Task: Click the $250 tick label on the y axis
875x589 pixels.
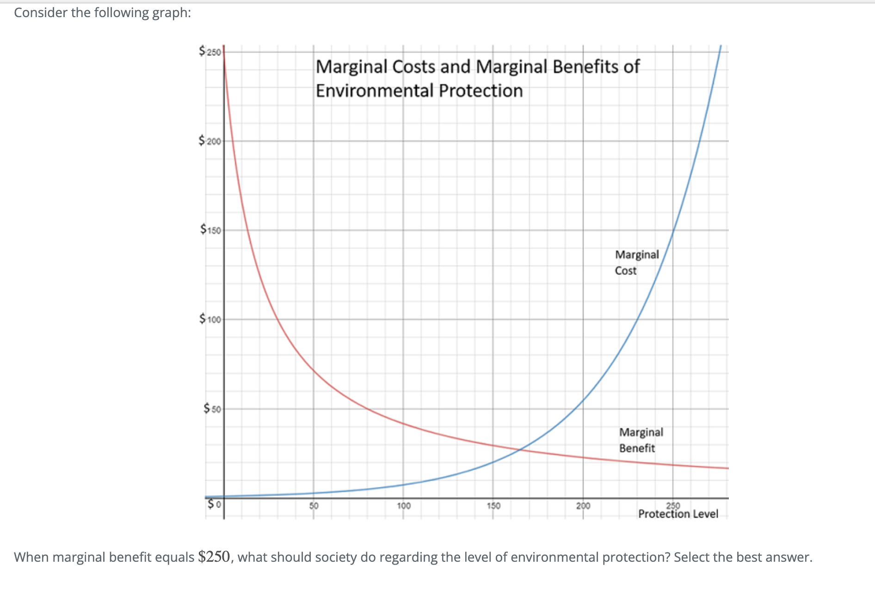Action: click(x=210, y=51)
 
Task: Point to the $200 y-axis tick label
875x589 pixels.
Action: click(x=210, y=141)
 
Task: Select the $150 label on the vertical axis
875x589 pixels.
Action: click(x=211, y=230)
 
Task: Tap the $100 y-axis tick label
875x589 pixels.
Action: click(x=210, y=319)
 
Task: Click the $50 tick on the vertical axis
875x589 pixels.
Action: click(x=213, y=409)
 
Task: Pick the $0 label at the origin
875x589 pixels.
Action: click(x=214, y=504)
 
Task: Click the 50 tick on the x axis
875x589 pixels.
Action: click(x=314, y=506)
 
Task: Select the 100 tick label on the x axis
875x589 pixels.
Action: click(x=404, y=506)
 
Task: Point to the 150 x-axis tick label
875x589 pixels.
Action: click(x=493, y=506)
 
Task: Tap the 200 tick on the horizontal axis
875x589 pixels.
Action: click(x=583, y=506)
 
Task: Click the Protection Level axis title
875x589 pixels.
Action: click(x=678, y=514)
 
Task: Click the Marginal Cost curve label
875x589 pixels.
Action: click(x=636, y=263)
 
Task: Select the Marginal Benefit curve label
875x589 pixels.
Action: click(x=641, y=440)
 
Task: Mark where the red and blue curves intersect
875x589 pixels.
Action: click(x=521, y=449)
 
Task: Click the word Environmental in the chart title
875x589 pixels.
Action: click(x=376, y=91)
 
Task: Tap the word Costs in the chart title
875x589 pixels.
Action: click(x=414, y=67)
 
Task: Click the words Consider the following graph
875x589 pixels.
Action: click(x=102, y=12)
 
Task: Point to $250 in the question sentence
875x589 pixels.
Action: click(x=214, y=557)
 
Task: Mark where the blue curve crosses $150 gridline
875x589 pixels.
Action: click(x=673, y=230)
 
